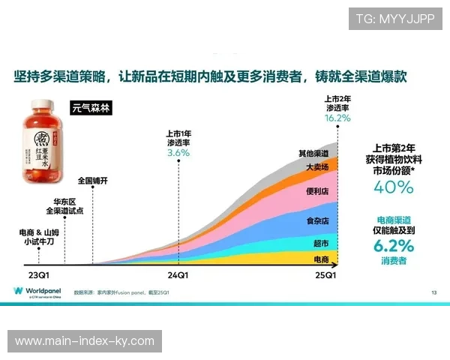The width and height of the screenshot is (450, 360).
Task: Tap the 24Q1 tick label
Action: [x=178, y=275]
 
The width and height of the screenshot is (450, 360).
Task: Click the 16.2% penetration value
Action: [x=337, y=118]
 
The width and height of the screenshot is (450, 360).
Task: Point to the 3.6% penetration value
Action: [x=178, y=152]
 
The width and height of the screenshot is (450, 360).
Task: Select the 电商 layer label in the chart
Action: [x=320, y=259]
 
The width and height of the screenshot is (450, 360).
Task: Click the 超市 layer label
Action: [x=320, y=243]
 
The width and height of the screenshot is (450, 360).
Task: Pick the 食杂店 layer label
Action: [x=316, y=221]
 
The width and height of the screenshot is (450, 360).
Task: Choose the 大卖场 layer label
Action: [x=316, y=167]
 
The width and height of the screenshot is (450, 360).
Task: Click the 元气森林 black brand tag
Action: [x=91, y=107]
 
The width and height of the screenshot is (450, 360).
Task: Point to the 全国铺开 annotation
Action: [x=93, y=181]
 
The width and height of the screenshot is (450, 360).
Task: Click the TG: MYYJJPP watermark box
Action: [x=395, y=18]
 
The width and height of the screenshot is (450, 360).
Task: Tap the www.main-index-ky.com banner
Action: [x=84, y=341]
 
